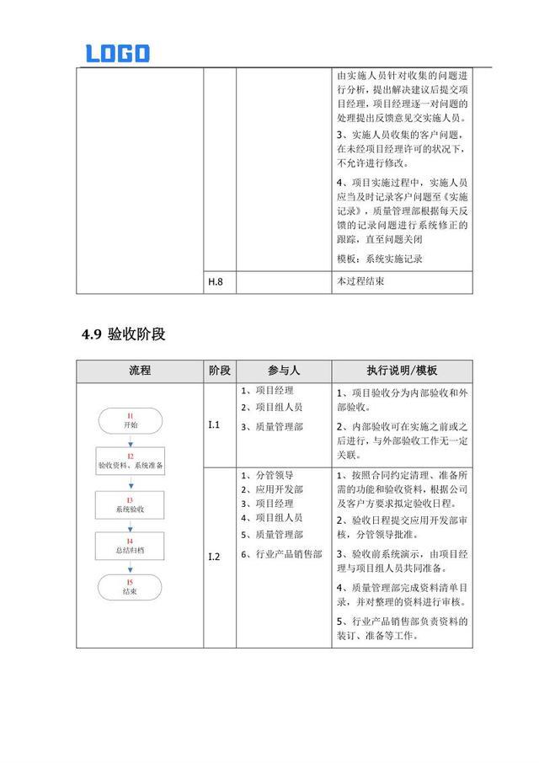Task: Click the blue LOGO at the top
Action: click(x=117, y=53)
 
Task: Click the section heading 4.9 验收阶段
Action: click(x=124, y=334)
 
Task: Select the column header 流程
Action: click(x=140, y=371)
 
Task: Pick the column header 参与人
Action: click(x=283, y=371)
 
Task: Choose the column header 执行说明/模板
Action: click(x=401, y=371)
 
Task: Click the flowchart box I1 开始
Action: click(x=130, y=421)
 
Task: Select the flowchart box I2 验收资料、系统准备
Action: click(x=130, y=461)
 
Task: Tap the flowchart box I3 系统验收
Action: click(x=130, y=505)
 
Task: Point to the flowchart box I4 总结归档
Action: click(x=130, y=545)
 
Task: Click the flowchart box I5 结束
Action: click(x=130, y=587)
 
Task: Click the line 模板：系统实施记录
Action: click(x=379, y=259)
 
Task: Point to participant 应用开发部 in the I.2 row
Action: click(x=278, y=489)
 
